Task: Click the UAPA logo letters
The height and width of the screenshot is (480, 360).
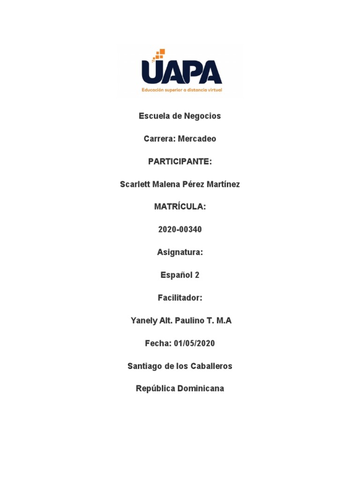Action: pos(181,73)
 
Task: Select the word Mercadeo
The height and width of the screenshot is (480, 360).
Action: pos(197,139)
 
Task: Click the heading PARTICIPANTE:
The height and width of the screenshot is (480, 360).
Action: pos(180,162)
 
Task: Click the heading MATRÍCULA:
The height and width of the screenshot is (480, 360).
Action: pos(180,207)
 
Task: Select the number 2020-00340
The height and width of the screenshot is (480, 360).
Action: pos(180,230)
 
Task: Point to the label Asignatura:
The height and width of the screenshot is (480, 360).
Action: pos(180,253)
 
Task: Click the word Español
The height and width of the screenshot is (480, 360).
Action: pos(176,275)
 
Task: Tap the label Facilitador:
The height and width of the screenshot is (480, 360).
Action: pos(180,298)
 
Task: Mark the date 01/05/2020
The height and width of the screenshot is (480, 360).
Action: pos(194,344)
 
